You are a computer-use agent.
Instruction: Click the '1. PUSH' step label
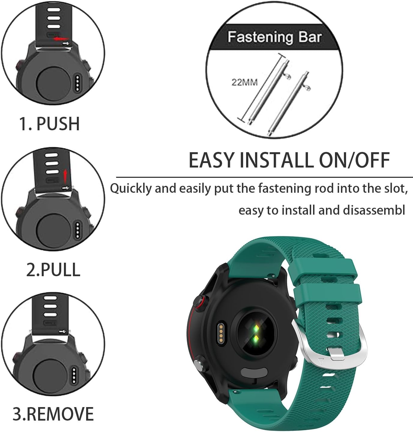50,123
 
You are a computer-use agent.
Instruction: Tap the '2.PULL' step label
53,269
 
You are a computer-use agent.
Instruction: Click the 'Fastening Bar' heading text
274,37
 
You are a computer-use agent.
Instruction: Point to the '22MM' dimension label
244,82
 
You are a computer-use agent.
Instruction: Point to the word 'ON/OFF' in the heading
354,160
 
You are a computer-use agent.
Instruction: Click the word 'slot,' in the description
394,189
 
